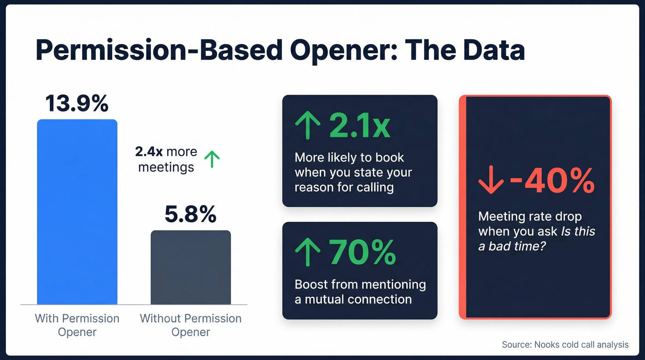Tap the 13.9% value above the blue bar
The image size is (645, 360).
tap(77, 103)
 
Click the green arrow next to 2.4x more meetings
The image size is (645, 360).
tap(212, 159)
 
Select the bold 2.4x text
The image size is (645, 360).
tap(149, 152)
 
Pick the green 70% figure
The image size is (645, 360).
tap(363, 252)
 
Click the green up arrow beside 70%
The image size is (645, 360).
tap(307, 252)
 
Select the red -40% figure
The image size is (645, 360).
tap(551, 181)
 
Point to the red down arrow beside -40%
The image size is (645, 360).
tap(491, 182)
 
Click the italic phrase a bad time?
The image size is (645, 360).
tap(511, 246)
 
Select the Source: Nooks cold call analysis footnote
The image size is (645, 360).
tap(565, 344)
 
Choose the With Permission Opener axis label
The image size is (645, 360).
tap(77, 325)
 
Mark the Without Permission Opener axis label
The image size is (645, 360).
tap(191, 325)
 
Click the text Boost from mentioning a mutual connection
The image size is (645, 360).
tap(360, 291)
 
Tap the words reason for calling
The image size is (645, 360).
tap(344, 187)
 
